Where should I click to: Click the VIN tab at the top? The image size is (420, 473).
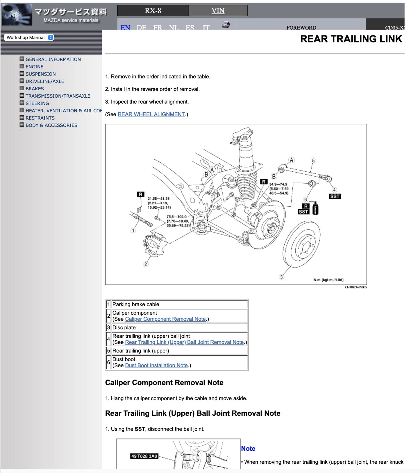[x=218, y=11]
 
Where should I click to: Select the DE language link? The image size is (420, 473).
[x=141, y=28]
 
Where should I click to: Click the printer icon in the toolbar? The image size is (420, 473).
[x=226, y=25]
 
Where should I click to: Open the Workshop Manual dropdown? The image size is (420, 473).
[x=28, y=37]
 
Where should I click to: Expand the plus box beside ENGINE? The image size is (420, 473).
[x=22, y=66]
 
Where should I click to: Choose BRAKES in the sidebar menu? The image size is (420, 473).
[x=35, y=89]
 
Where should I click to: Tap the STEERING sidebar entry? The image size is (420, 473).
[x=37, y=103]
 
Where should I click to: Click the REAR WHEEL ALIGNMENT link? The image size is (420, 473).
[x=151, y=114]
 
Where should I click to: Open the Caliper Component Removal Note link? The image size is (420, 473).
[x=165, y=319]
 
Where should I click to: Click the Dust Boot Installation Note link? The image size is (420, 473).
[x=156, y=365]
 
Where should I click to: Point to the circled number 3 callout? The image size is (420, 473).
[x=281, y=277]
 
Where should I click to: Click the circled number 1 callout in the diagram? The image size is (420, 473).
[x=133, y=230]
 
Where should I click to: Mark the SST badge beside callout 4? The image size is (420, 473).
[x=335, y=196]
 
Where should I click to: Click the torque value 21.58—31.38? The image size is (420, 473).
[x=158, y=199]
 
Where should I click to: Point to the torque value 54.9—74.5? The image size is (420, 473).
[x=278, y=184]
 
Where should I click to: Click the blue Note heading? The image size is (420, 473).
[x=248, y=449]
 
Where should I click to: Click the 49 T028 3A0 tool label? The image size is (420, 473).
[x=144, y=456]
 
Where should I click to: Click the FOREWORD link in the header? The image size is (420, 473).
[x=301, y=28]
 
